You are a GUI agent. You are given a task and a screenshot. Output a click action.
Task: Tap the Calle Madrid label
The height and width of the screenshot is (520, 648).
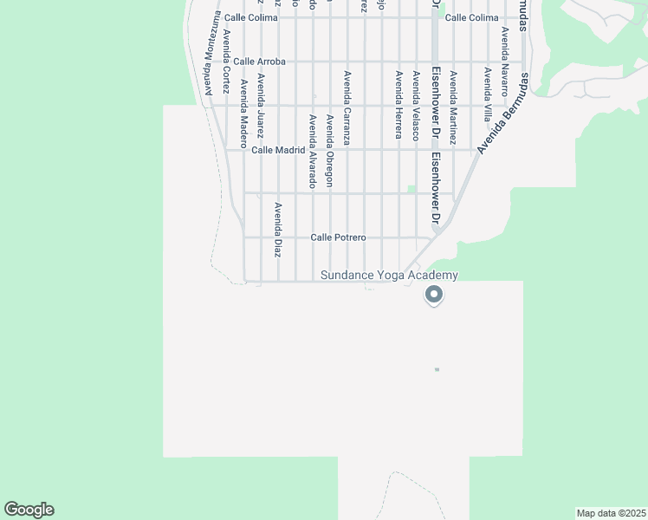pyautogui.click(x=278, y=150)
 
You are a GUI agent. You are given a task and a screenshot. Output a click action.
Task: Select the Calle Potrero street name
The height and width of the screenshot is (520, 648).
pyautogui.click(x=338, y=237)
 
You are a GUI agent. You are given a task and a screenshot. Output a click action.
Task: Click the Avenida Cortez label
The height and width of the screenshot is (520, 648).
pyautogui.click(x=226, y=62)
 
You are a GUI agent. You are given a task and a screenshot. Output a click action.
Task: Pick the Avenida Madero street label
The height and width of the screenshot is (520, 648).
pyautogui.click(x=243, y=108)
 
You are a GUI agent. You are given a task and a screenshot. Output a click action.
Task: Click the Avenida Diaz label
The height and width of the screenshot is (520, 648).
pyautogui.click(x=278, y=230)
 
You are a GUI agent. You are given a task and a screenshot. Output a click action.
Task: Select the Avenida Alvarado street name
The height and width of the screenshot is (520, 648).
pyautogui.click(x=312, y=150)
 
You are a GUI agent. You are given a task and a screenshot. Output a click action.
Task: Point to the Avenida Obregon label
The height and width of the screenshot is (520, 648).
pyautogui.click(x=329, y=150)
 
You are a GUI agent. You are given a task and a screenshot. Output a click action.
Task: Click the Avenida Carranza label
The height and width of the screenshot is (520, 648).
pyautogui.click(x=347, y=107)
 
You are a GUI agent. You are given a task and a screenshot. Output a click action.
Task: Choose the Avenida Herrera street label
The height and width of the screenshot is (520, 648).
pyautogui.click(x=399, y=104)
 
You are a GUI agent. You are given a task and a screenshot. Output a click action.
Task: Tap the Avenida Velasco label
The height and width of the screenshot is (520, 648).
pyautogui.click(x=416, y=106)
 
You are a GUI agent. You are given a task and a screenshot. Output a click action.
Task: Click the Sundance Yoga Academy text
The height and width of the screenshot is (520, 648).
pyautogui.click(x=389, y=276)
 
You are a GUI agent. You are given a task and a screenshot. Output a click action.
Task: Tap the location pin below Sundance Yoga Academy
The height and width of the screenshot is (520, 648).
pyautogui.click(x=434, y=296)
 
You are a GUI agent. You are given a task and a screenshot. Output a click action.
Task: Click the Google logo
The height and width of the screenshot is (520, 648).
pyautogui.click(x=29, y=510)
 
